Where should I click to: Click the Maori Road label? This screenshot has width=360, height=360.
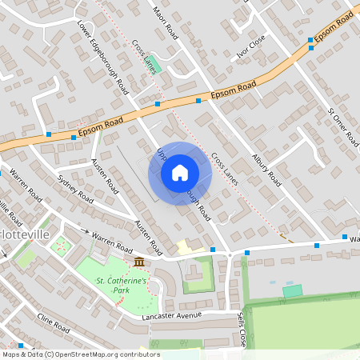tap(164, 23)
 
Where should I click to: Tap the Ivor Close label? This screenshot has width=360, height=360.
tap(250, 55)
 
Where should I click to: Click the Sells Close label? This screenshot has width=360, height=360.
tap(241, 330)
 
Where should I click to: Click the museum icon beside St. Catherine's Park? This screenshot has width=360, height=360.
tap(139, 262)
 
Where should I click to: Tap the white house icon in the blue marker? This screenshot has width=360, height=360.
tap(180, 173)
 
